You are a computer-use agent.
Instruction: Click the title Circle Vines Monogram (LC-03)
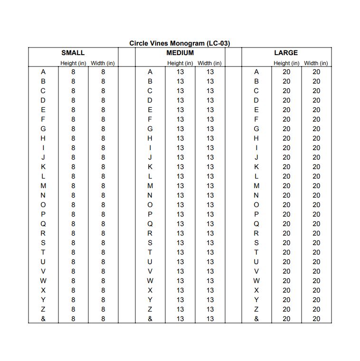click(x=180, y=43)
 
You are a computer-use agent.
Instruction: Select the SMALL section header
click(x=73, y=53)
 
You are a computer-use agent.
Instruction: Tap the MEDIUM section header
click(x=180, y=53)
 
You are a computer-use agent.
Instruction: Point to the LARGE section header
click(x=286, y=53)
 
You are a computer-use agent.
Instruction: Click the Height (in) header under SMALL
click(x=73, y=63)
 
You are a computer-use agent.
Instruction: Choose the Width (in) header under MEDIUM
click(x=209, y=63)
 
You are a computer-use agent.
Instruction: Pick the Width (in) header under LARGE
click(x=316, y=63)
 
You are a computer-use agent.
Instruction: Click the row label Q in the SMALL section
click(x=43, y=224)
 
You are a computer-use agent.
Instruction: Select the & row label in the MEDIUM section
click(x=150, y=319)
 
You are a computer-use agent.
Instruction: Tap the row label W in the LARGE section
click(x=256, y=281)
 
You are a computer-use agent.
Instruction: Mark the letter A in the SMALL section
click(x=43, y=72)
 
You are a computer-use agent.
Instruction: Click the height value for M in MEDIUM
click(x=180, y=186)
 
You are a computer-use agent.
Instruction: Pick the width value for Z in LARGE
click(x=316, y=309)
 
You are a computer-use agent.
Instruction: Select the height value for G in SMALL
click(x=73, y=129)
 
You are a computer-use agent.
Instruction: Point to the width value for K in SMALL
click(x=103, y=167)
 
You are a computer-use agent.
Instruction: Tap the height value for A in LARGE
click(x=286, y=72)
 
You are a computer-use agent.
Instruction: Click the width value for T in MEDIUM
click(x=210, y=252)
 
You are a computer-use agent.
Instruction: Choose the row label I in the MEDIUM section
click(x=150, y=148)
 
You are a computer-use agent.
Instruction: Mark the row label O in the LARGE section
click(x=256, y=205)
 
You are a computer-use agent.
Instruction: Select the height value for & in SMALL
click(x=73, y=319)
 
